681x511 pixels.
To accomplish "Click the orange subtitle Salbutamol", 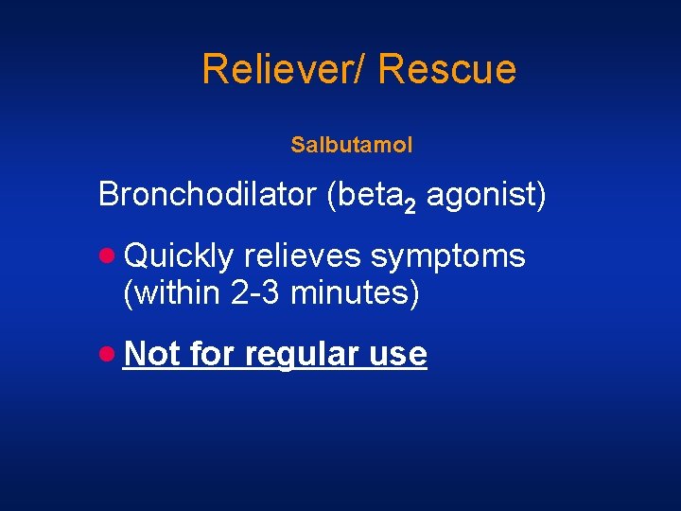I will click(352, 146).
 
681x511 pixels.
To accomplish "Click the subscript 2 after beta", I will click(410, 205).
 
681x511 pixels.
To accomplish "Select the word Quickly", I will click(178, 255).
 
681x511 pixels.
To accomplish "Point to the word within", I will click(177, 293).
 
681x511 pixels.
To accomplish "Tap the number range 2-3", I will click(255, 293).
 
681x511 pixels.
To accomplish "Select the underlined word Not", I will click(151, 353).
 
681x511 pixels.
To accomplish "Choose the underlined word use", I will click(398, 354).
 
